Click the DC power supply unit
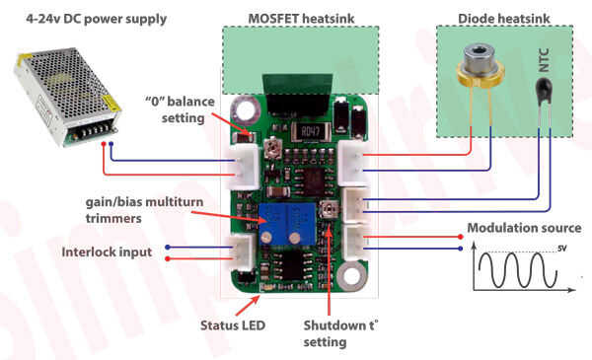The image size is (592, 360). [x=67, y=97]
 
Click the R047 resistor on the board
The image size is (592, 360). [x=310, y=132]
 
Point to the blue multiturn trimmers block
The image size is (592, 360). [x=287, y=223]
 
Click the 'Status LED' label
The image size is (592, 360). [x=233, y=325]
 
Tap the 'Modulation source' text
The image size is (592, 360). [x=524, y=228]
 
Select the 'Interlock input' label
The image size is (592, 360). [x=107, y=252]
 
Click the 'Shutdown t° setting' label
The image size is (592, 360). [x=340, y=333]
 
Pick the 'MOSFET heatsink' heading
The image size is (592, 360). [x=301, y=18]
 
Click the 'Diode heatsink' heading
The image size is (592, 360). [x=503, y=18]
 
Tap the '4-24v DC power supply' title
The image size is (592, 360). [x=97, y=19]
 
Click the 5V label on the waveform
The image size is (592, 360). [x=562, y=249]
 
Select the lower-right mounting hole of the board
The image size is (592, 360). [x=352, y=276]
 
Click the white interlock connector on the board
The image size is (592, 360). [x=242, y=252]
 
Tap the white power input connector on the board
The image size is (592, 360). [x=245, y=167]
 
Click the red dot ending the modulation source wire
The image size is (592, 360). [x=460, y=237]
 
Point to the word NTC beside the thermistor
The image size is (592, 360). [x=544, y=60]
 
